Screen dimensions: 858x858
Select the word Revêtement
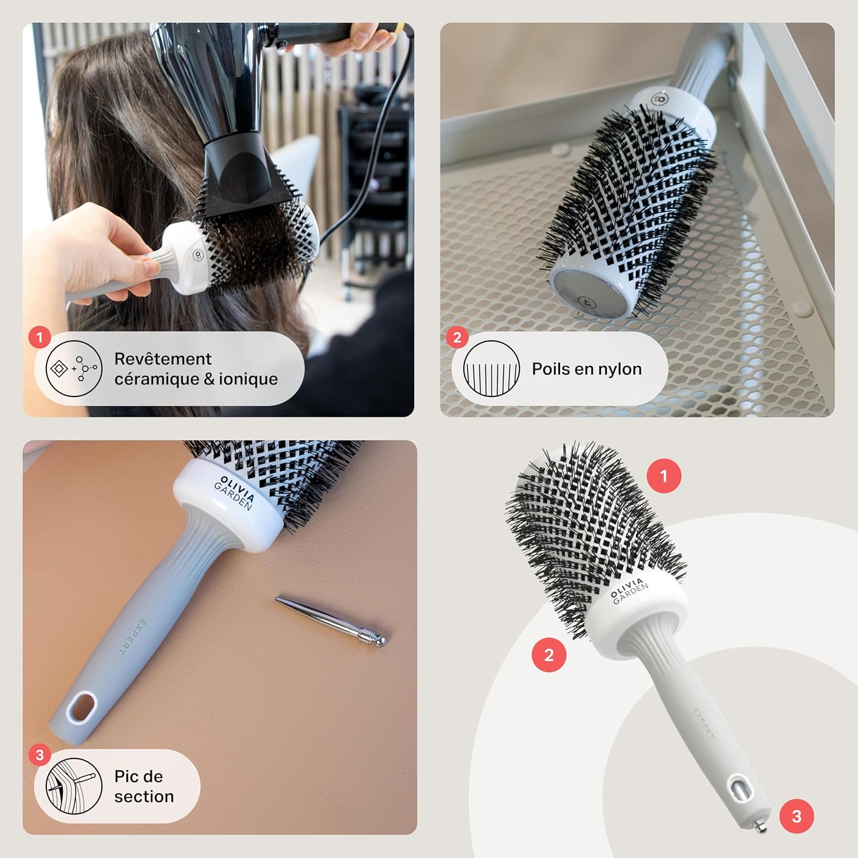point(163,359)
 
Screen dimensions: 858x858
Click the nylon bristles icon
point(491,369)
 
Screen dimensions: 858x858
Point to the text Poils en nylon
point(586,369)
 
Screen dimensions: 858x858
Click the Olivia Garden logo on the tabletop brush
point(235,492)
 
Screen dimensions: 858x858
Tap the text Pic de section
point(144,786)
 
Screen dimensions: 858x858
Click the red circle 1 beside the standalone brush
point(664,476)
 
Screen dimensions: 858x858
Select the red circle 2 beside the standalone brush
point(549,655)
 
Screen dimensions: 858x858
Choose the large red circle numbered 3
point(797,816)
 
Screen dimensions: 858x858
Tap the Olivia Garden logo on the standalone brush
point(629,590)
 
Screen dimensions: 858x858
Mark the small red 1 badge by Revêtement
point(39,337)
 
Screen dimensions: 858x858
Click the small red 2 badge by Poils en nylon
point(457,337)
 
